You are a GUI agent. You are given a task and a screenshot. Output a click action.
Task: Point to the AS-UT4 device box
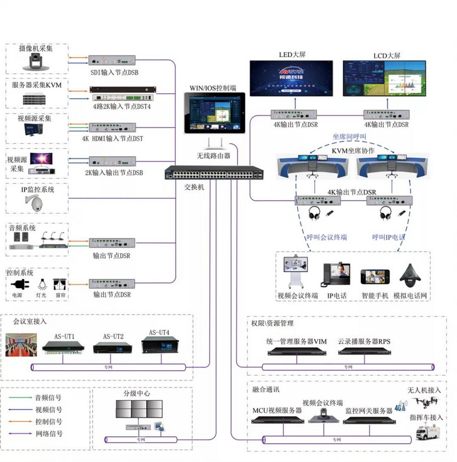[158, 347]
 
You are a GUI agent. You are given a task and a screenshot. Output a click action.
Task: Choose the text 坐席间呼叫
[349, 137]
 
